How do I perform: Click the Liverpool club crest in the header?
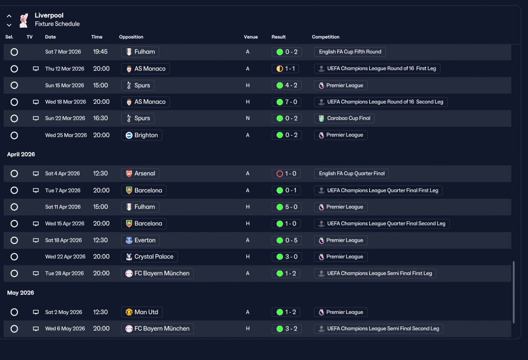(x=24, y=20)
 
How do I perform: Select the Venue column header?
(x=250, y=37)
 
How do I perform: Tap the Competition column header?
(x=325, y=37)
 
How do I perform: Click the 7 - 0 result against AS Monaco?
(x=286, y=102)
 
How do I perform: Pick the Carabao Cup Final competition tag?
(x=344, y=118)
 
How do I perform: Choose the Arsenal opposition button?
(x=140, y=174)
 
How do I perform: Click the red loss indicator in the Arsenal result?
(x=280, y=174)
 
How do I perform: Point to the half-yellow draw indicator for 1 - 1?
(x=280, y=69)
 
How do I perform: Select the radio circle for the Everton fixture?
(x=14, y=240)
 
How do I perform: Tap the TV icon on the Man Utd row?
(x=35, y=312)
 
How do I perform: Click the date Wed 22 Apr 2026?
(x=65, y=256)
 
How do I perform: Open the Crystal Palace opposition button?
(x=149, y=257)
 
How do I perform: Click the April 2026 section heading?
(x=21, y=154)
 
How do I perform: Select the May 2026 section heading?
(x=21, y=293)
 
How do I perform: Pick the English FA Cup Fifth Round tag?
(x=350, y=52)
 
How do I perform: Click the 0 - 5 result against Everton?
(x=287, y=240)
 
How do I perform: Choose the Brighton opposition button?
(x=141, y=135)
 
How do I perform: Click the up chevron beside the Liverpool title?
(x=9, y=16)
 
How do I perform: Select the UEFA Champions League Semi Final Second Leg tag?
(x=379, y=329)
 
